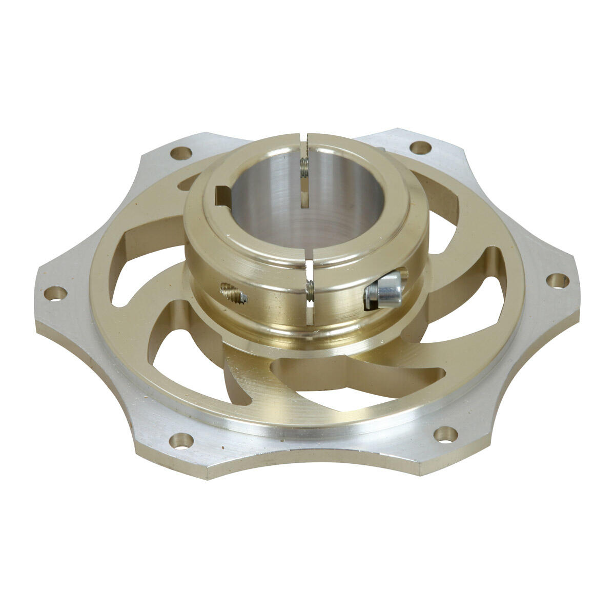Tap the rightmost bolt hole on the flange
[558, 280]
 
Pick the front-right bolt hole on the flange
[445, 435]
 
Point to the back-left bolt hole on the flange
[180, 152]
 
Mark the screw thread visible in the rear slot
[304, 168]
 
